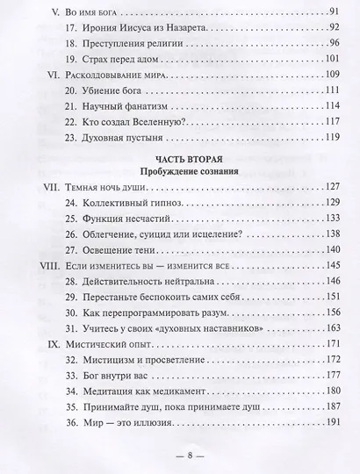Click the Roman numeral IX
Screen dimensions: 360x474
38,364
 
